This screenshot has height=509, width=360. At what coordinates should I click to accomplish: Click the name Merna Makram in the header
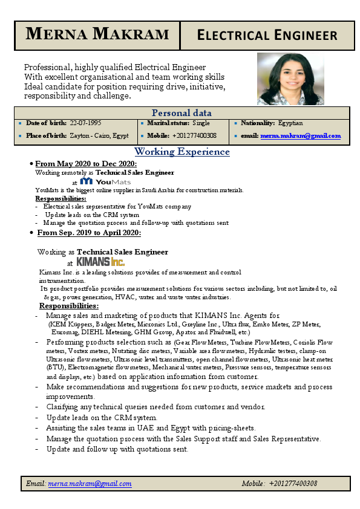point(97,34)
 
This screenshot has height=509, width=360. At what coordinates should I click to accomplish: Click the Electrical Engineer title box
point(267,35)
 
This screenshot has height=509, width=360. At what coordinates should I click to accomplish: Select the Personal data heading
point(182,113)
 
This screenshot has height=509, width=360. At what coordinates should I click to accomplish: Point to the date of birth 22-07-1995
point(85,123)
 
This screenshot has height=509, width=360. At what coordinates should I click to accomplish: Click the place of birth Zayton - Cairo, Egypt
point(99,135)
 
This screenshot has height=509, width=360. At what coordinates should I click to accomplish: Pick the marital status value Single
point(201,123)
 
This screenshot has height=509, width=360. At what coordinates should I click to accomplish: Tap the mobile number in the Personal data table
point(194,135)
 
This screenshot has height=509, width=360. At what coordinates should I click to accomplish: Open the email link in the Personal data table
point(300,136)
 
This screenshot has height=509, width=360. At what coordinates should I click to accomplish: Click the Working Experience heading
point(182,152)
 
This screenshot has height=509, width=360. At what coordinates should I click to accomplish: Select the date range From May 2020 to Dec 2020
point(86,164)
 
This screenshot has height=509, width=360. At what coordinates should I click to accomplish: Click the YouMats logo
point(105,181)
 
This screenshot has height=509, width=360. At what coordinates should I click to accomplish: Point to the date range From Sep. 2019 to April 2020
point(89,232)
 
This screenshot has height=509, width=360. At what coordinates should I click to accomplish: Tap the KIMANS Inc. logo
point(100,262)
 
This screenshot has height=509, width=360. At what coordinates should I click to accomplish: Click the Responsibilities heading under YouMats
point(61,198)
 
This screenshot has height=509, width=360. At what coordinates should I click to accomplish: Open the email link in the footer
point(90,484)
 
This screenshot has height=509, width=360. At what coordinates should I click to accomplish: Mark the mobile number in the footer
point(293,484)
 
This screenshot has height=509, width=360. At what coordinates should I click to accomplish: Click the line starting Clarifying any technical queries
point(155,407)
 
